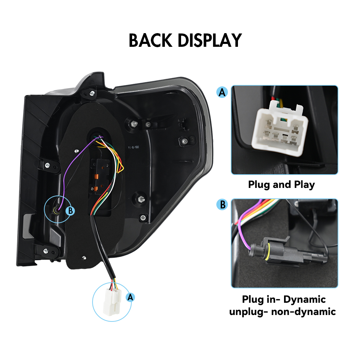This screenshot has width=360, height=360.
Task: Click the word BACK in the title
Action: coord(150,40)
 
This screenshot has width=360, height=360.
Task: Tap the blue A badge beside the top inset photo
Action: coord(222,92)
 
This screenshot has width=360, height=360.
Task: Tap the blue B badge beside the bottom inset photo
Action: coord(222,204)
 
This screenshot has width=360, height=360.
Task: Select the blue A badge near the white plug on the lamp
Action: coord(130,297)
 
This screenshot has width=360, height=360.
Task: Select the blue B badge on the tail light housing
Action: coord(70,211)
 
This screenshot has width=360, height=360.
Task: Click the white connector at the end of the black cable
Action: coord(112,301)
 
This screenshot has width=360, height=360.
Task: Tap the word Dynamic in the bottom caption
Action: coord(305,300)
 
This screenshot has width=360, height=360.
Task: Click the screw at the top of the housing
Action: coord(92,93)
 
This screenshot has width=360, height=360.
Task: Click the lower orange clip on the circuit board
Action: coord(96,189)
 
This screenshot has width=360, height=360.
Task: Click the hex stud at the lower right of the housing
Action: coord(141,199)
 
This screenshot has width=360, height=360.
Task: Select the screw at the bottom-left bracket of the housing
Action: coord(46,251)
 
